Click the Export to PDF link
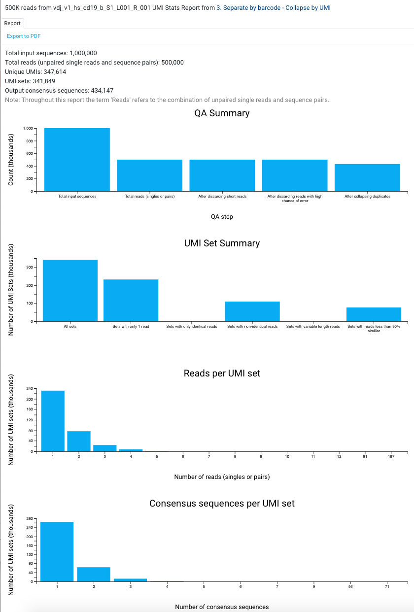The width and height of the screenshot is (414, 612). tap(24, 36)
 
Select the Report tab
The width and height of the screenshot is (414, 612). tap(13, 23)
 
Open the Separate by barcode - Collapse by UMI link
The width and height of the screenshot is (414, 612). tap(274, 8)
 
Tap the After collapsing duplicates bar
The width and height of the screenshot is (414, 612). tap(367, 177)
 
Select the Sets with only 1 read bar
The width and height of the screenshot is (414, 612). tap(131, 300)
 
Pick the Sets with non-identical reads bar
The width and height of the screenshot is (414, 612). tap(252, 311)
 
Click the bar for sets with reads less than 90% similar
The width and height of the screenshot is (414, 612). tap(374, 314)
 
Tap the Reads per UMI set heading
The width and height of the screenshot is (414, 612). tap(222, 374)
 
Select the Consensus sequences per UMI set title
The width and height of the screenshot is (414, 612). tap(222, 504)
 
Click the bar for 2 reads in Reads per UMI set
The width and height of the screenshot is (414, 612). tap(79, 441)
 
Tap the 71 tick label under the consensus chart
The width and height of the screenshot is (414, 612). tap(387, 587)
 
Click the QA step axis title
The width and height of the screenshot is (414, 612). tap(222, 217)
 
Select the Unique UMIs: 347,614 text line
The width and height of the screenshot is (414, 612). tap(35, 72)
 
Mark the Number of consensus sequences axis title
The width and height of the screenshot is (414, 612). tap(222, 607)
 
